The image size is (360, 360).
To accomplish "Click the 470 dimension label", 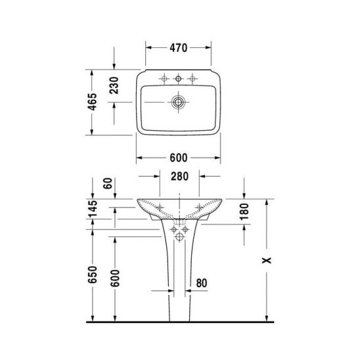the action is point(179,48).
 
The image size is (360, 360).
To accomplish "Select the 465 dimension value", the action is point(93,102).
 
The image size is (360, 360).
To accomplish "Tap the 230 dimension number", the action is point(114,85).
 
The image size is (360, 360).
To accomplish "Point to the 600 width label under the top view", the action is point(179,158).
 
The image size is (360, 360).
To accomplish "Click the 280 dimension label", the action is point(179,176).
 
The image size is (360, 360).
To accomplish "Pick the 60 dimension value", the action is point(108,183).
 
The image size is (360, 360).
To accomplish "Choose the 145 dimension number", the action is point(93,208).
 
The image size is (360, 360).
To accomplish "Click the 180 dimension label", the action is point(244,212).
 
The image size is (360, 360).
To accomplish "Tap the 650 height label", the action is point(93,275).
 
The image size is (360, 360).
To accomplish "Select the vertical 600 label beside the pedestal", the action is point(115,279).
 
